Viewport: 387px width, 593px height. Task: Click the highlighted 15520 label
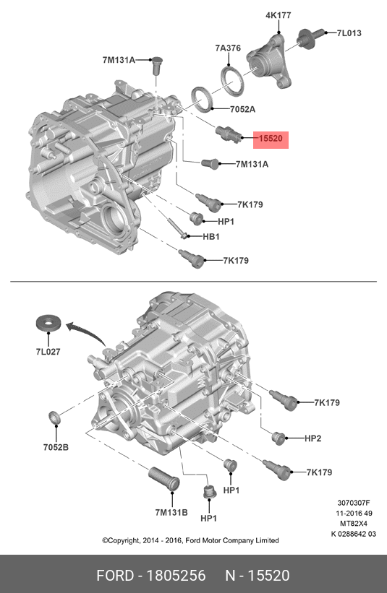point(270,139)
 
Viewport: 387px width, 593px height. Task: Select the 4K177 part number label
point(278,14)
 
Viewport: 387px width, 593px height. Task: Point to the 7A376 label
point(228,48)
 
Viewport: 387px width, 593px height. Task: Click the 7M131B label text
point(171,512)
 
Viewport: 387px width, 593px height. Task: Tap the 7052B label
point(55,447)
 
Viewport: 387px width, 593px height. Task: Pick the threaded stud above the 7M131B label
point(163,480)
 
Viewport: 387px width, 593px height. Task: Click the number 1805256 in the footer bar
point(177,575)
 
